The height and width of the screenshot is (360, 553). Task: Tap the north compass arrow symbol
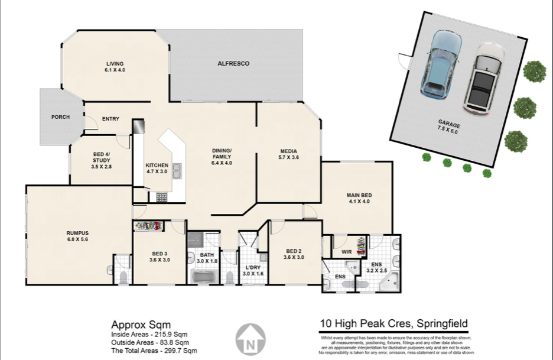[251, 339]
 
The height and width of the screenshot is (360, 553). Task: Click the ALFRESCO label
[233, 63]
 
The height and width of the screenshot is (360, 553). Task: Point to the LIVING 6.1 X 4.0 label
[115, 67]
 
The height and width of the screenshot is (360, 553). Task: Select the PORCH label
[60, 117]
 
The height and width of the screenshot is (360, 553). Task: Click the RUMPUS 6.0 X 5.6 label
[77, 236]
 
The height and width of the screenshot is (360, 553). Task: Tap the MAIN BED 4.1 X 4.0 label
[359, 198]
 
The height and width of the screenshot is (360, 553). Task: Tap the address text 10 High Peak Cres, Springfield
[393, 323]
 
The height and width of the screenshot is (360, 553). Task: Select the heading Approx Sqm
[141, 325]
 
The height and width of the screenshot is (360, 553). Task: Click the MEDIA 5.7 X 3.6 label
[288, 154]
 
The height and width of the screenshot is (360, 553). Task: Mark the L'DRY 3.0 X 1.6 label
[253, 271]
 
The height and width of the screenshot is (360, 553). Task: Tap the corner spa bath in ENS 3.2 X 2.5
[389, 282]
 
